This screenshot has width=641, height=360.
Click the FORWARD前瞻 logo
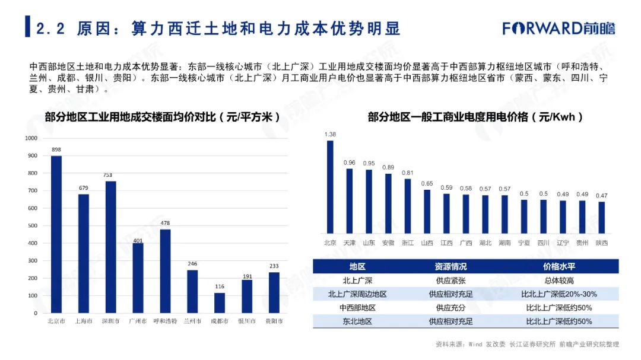[559, 28]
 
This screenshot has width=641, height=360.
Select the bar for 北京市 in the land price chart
[56, 234]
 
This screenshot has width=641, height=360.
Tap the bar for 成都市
[220, 302]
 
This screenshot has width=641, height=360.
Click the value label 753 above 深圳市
[110, 175]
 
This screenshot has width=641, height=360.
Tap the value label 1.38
[330, 135]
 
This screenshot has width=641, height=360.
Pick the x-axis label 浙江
[408, 243]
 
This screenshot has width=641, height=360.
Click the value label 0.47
[601, 196]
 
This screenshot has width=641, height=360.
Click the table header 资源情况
[450, 266]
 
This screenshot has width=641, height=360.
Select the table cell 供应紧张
[450, 280]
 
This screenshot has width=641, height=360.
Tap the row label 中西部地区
[357, 308]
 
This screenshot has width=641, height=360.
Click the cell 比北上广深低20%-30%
[559, 294]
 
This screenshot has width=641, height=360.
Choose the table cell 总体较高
[559, 280]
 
